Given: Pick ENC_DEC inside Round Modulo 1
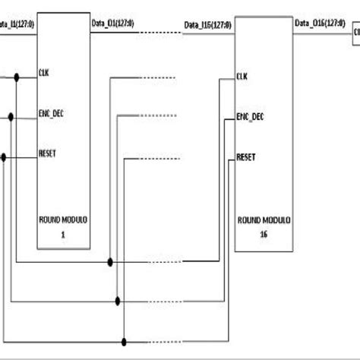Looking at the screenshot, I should point(51,115).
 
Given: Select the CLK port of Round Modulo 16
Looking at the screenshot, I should point(242,76).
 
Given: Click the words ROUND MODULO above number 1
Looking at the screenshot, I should point(63,220).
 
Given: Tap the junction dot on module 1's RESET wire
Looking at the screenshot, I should point(5,156).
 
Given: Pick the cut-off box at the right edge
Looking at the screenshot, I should point(355,33).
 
